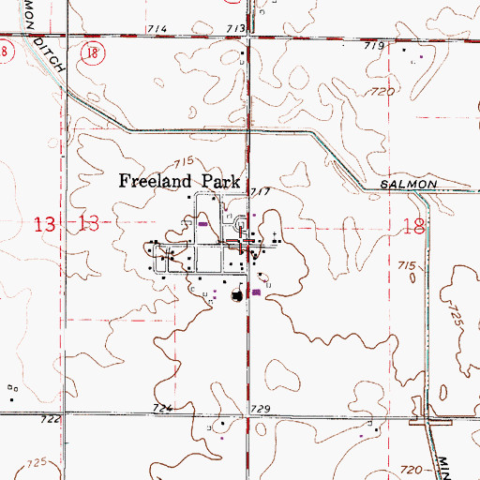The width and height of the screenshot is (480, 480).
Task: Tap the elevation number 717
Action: pyautogui.click(x=261, y=191)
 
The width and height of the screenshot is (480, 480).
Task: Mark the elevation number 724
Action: pyautogui.click(x=163, y=410)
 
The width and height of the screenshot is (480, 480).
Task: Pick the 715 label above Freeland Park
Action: pyautogui.click(x=182, y=160)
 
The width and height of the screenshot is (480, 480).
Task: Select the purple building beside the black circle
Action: pyautogui.click(x=256, y=292)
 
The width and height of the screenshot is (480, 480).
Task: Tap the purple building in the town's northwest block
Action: pyautogui.click(x=203, y=223)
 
